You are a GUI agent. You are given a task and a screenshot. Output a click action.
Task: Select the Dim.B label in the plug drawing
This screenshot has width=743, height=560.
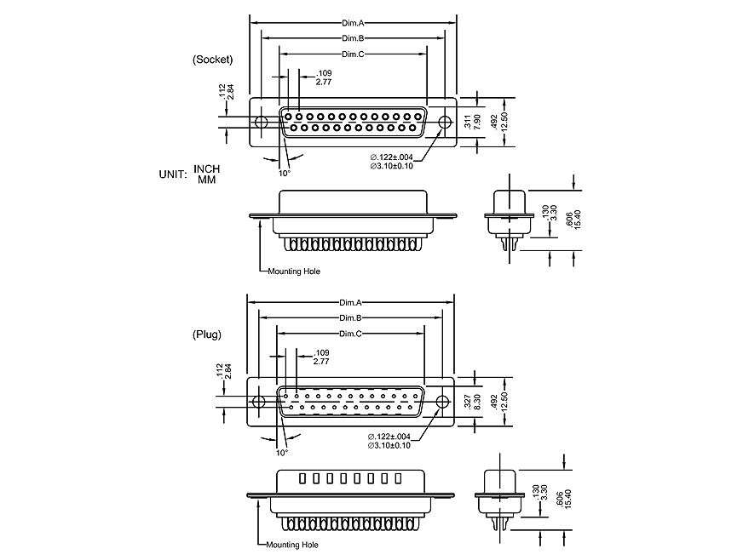point(351,318)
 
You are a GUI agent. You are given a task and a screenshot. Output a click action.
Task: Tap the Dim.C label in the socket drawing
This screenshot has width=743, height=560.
point(354,54)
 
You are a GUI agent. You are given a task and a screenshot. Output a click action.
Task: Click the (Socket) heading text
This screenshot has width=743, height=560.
point(212,59)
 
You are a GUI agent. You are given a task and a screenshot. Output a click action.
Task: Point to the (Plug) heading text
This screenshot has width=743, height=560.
point(207,334)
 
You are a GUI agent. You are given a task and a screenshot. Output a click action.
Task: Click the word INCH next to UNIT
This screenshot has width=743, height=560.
point(207,169)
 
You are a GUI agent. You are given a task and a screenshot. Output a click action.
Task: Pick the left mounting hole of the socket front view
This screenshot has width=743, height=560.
point(262,123)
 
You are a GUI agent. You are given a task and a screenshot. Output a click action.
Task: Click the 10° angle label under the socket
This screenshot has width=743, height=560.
point(284,173)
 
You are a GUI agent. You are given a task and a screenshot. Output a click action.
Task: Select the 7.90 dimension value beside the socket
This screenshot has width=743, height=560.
point(476,123)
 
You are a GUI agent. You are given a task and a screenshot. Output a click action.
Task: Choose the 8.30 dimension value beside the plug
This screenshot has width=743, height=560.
point(477,403)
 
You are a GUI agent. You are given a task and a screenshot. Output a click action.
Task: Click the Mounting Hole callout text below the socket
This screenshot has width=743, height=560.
point(294,271)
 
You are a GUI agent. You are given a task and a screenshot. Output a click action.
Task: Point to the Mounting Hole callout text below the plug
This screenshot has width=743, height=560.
point(292,545)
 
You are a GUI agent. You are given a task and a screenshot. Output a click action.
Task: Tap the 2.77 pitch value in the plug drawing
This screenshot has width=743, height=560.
point(322,362)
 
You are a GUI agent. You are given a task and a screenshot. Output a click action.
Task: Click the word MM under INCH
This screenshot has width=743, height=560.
point(206,180)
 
